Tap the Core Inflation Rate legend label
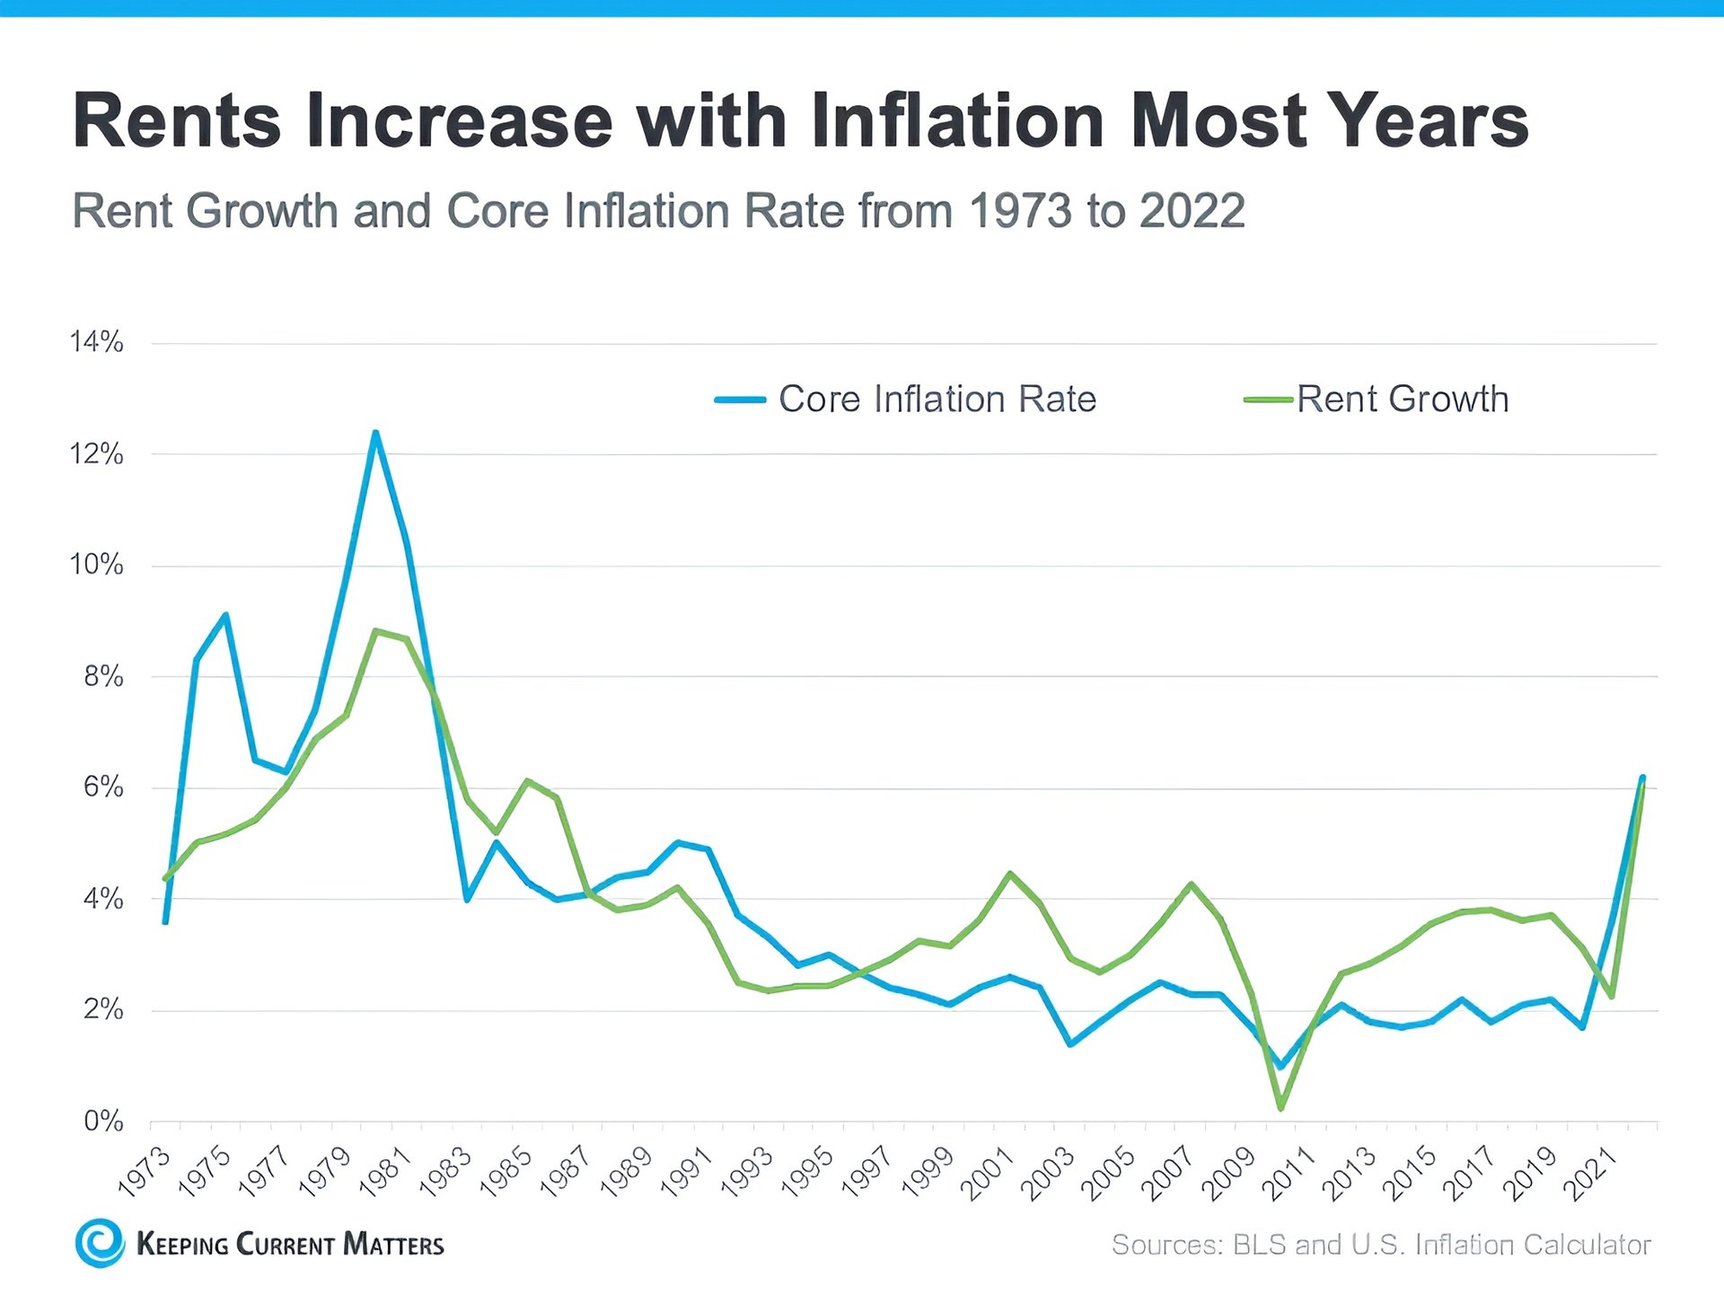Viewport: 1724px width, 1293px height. (x=937, y=399)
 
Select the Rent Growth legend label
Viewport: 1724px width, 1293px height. (x=1402, y=399)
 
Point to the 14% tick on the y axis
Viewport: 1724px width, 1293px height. (x=96, y=342)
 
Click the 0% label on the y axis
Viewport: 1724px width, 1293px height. (x=102, y=1121)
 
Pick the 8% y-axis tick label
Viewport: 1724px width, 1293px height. (x=102, y=676)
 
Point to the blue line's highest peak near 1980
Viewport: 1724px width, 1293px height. (x=375, y=434)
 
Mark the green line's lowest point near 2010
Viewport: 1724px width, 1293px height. (x=1280, y=1107)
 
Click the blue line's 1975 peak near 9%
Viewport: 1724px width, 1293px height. (x=225, y=615)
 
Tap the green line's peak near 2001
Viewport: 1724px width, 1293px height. (x=1010, y=874)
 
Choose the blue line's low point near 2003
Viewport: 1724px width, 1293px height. (x=1070, y=1043)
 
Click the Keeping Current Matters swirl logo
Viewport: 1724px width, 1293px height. (x=100, y=1243)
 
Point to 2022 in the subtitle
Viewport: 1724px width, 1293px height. (x=1192, y=211)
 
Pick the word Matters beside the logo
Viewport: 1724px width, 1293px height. (x=393, y=1245)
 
